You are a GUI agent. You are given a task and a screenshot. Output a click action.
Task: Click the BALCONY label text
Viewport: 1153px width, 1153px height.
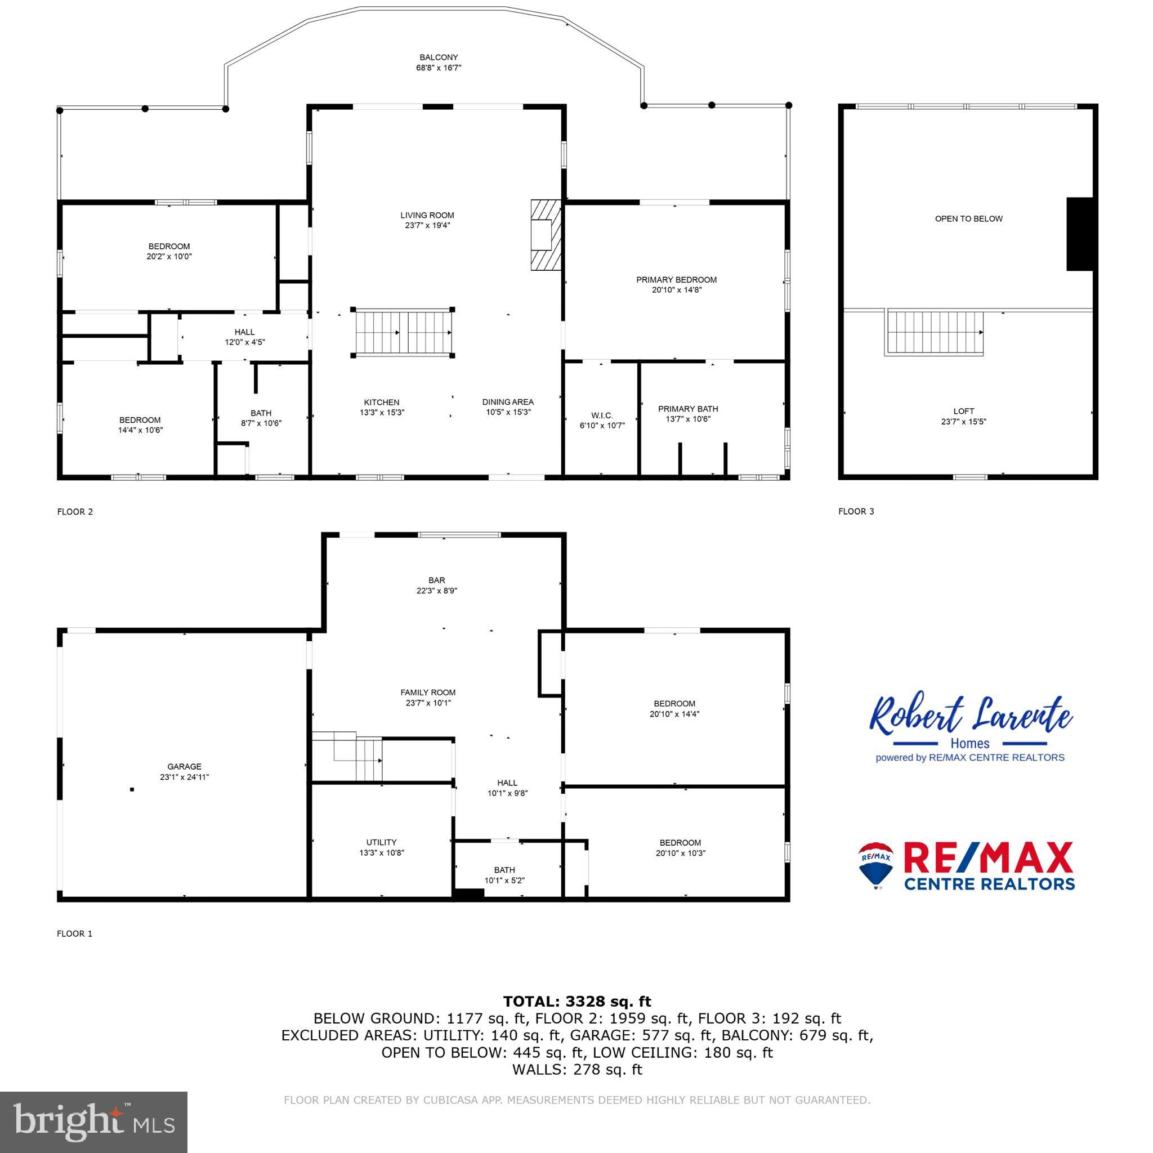pos(438,57)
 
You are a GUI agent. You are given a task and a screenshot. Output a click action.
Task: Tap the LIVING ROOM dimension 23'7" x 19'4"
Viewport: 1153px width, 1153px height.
pos(427,226)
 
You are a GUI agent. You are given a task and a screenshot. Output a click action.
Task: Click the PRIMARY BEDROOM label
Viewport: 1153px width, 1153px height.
pos(676,279)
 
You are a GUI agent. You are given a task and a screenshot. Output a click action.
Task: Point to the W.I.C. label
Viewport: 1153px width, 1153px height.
pos(602,415)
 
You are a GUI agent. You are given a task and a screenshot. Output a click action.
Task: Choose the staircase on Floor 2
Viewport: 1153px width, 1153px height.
pos(404,332)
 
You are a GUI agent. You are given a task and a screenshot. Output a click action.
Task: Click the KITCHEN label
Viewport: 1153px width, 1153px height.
pos(381,402)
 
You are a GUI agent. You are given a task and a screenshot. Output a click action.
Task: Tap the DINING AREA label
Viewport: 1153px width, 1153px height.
pos(508,402)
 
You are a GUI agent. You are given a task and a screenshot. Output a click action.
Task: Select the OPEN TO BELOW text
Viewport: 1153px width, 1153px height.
pos(968,218)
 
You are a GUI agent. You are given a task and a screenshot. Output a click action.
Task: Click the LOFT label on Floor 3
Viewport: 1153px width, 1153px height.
pos(963,411)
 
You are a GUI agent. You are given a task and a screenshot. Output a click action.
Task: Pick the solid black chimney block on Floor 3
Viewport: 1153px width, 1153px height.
pos(1079,234)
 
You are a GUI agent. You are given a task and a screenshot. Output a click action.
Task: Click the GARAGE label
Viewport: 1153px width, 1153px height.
pos(185,766)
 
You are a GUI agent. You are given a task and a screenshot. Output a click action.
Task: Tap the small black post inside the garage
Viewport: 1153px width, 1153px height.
pos(132,789)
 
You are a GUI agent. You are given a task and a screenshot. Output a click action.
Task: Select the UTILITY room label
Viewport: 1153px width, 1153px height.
pos(381,842)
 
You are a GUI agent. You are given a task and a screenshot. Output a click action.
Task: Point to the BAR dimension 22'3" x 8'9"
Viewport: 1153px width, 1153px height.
pos(437,591)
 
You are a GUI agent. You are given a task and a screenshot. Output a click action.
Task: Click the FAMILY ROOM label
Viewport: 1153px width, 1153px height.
pos(427,692)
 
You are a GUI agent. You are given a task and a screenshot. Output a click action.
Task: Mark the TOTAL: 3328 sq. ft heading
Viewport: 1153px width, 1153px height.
pos(576,1001)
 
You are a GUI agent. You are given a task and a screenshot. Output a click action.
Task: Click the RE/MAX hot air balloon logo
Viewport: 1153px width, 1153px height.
pos(875,865)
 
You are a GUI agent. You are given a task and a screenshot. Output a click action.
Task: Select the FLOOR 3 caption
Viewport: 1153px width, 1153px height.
pos(856,511)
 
